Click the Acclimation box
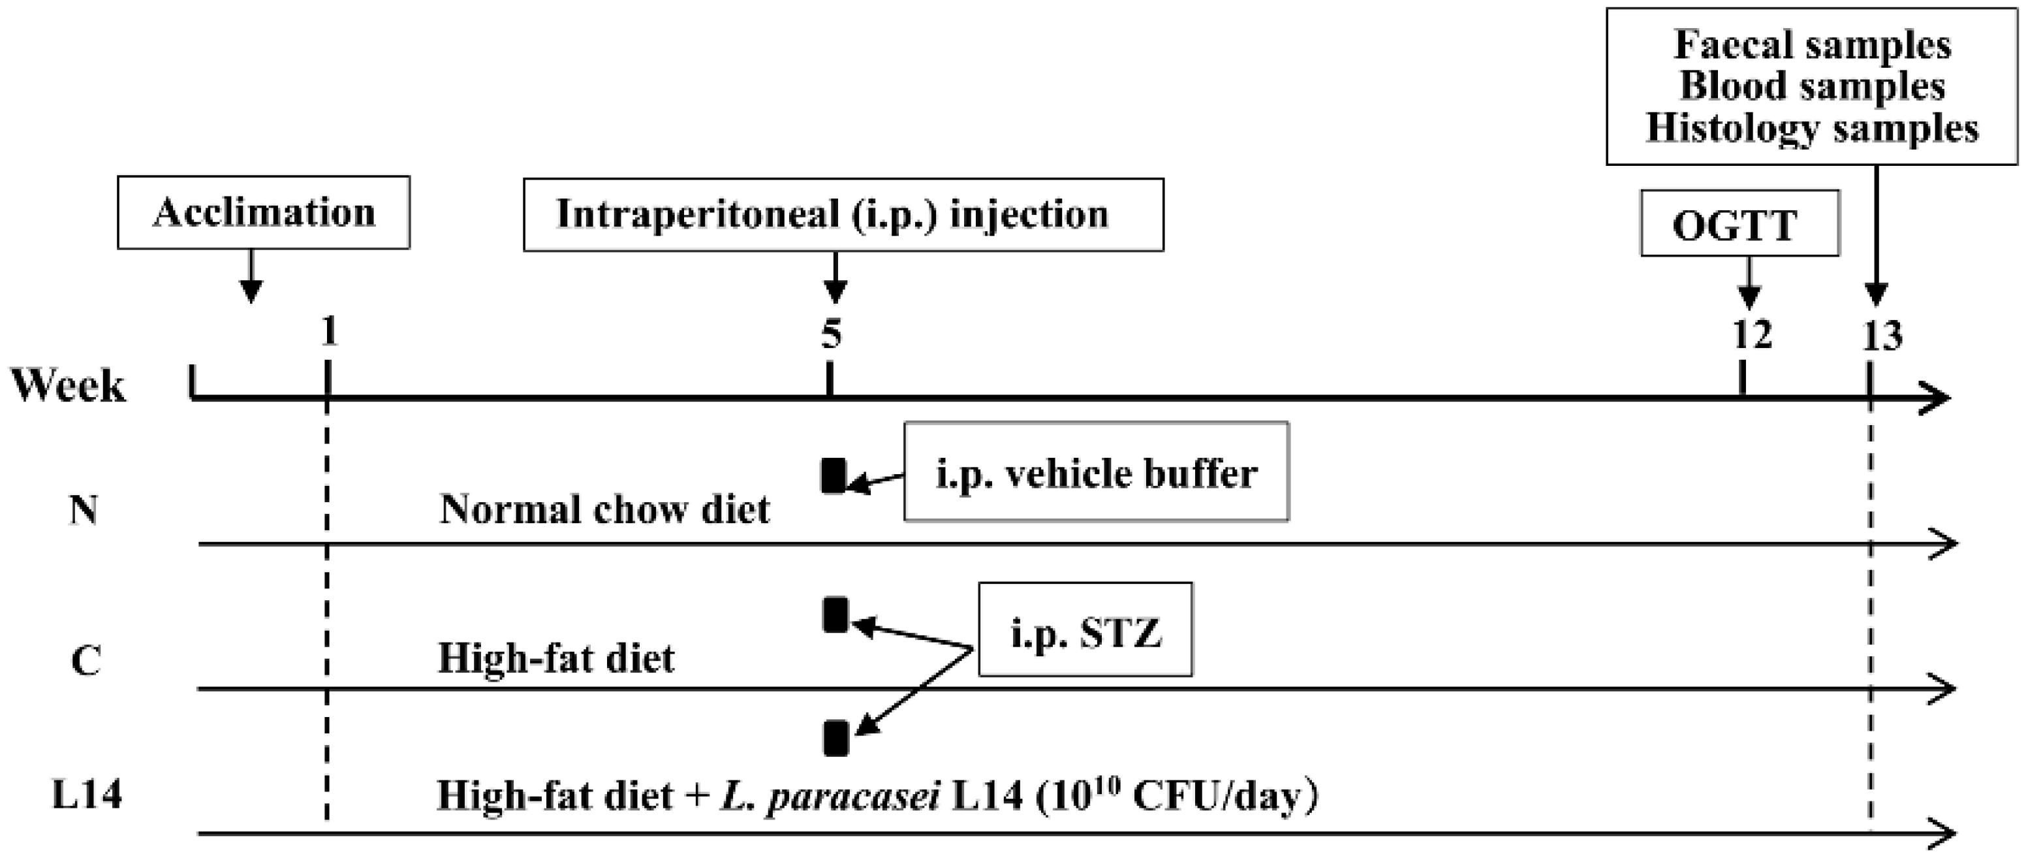[x=264, y=213]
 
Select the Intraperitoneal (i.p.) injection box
[x=843, y=214]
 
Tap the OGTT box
[x=1739, y=224]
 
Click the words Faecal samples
[x=1813, y=44]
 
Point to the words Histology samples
[x=1813, y=127]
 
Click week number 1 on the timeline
[x=329, y=332]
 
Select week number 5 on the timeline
[x=832, y=334]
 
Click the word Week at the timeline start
[x=68, y=386]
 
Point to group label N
[x=84, y=510]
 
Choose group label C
[x=85, y=660]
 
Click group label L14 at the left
[x=87, y=794]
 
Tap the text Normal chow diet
[x=604, y=509]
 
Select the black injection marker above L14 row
[x=835, y=738]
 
